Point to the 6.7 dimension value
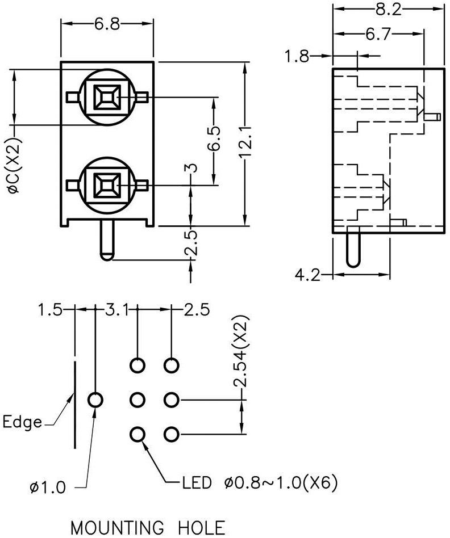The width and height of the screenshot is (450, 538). pyautogui.click(x=378, y=35)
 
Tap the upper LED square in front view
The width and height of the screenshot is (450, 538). pyautogui.click(x=107, y=97)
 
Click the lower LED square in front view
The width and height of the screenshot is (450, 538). pyautogui.click(x=107, y=184)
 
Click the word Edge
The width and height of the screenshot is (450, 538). pyautogui.click(x=22, y=423)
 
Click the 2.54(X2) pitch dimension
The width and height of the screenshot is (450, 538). pyautogui.click(x=244, y=352)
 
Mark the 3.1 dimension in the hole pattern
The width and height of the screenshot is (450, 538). pyautogui.click(x=117, y=310)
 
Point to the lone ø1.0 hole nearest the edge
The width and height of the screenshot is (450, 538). pyautogui.click(x=95, y=400)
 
